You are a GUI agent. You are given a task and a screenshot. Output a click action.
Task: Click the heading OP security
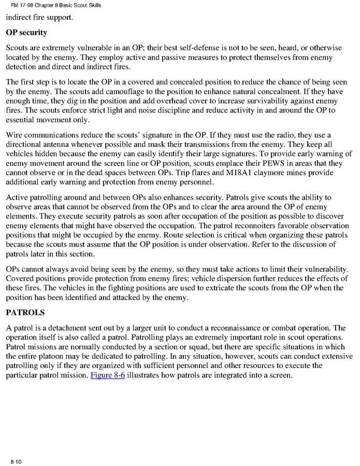(x=26, y=33)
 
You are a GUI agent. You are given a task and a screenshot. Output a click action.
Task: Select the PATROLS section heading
(x=26, y=314)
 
